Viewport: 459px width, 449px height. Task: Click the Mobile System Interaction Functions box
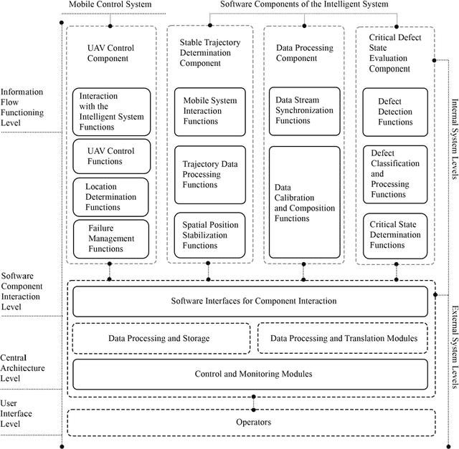(210, 111)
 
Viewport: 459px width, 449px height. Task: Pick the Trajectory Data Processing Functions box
(210, 175)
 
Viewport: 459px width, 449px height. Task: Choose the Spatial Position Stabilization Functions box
(210, 235)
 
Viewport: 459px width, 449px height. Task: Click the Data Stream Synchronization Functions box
(304, 111)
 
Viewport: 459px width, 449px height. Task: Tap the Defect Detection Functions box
(395, 112)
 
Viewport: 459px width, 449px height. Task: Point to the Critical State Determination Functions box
(395, 234)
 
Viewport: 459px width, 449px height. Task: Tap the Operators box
(253, 422)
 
